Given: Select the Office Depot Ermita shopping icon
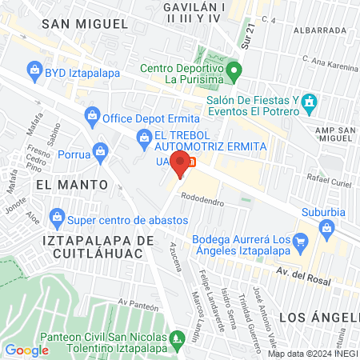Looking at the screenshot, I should [x=94, y=118].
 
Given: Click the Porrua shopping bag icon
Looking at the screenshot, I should [x=100, y=150].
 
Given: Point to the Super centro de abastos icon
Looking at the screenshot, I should [x=57, y=217].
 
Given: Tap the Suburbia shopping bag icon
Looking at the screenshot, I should [x=326, y=230].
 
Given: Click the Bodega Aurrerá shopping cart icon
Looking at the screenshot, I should [x=300, y=240].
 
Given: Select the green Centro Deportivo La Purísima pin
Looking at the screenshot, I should [x=233, y=69].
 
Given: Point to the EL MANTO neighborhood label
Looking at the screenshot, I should [x=71, y=184].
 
